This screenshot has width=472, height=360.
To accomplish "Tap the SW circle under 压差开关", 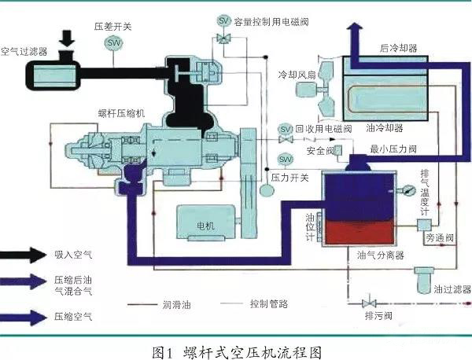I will (x=115, y=42).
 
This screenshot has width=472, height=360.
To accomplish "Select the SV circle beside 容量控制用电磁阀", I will (x=223, y=19).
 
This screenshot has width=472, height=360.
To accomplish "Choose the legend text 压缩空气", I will (x=72, y=316).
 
